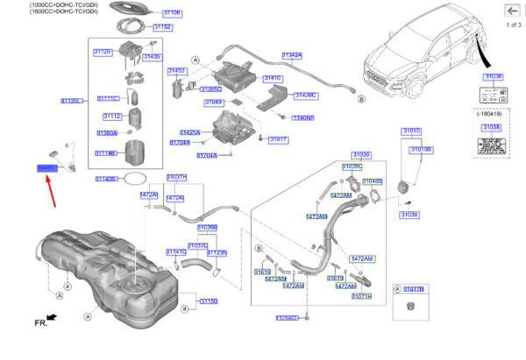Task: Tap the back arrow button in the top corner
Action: tap(509, 12)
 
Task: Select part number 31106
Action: tap(172, 13)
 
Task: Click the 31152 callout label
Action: tap(162, 27)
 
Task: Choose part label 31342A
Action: tap(292, 55)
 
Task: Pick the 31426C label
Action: tap(305, 95)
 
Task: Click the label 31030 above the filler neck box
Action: tap(360, 155)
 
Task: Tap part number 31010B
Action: tap(422, 150)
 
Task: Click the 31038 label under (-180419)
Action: tap(492, 126)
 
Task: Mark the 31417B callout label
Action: tap(414, 288)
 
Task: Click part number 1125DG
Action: tap(288, 318)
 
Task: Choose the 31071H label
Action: tap(361, 296)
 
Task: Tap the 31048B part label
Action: tap(372, 181)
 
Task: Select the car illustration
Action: tap(421, 53)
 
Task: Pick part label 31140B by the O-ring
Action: tap(106, 179)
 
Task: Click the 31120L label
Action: tap(72, 102)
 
